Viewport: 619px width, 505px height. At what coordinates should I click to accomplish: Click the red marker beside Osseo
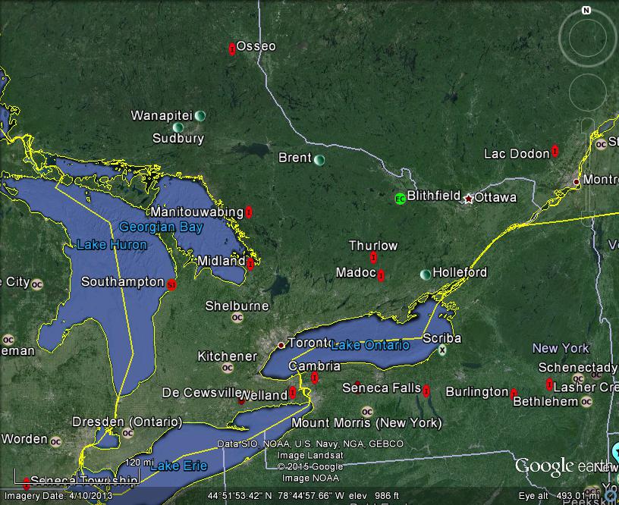coord(232,49)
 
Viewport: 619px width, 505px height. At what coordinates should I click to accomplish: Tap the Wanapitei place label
coord(162,115)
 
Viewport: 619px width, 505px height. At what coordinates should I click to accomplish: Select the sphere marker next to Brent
coord(319,160)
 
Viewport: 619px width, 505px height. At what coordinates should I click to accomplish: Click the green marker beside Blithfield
coord(400,199)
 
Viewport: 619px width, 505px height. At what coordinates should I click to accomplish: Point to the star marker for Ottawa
coord(468,199)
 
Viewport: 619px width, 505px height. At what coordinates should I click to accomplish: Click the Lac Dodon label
coord(517,154)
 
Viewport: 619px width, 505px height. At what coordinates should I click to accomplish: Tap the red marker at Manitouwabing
coord(249,212)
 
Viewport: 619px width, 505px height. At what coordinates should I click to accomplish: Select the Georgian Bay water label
coord(151,227)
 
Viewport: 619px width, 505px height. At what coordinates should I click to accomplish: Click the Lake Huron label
coord(112,244)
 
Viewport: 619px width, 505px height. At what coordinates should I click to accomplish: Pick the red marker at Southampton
coord(171,284)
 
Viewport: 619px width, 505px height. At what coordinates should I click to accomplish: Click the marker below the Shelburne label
coord(237,318)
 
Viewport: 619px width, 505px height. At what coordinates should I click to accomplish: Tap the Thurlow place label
coord(372,246)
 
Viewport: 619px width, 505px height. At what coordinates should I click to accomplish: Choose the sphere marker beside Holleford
coord(426,274)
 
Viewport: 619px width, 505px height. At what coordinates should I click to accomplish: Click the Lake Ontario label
coord(369,345)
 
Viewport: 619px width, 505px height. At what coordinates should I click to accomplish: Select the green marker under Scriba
coord(441,350)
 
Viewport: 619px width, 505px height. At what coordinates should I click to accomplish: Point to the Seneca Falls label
coord(382,387)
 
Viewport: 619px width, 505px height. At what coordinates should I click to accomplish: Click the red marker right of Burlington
coord(514,394)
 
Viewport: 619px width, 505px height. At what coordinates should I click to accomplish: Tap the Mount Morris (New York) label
coord(366,422)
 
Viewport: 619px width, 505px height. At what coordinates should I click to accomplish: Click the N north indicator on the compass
coord(586,11)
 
